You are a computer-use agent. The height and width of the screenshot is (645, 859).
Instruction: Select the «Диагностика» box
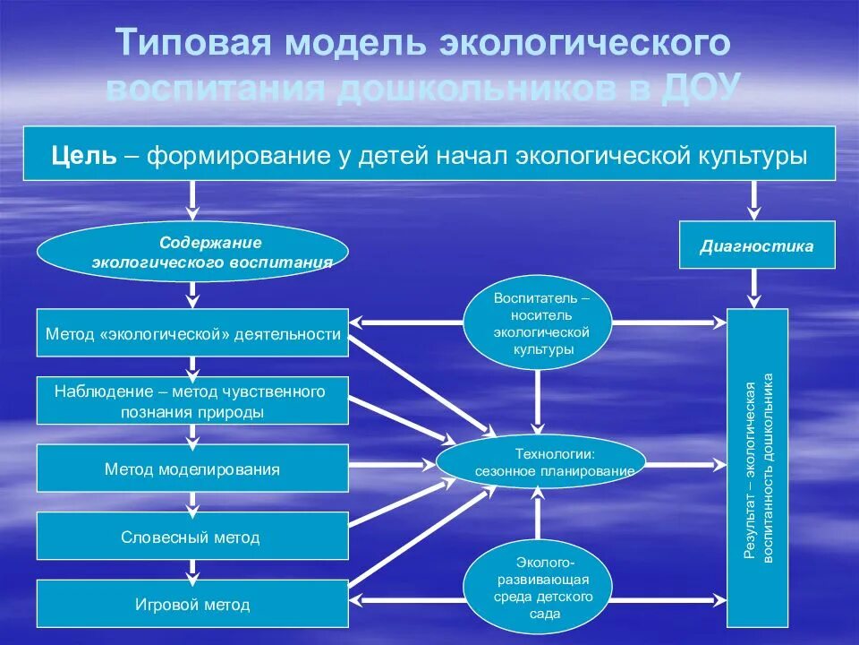[x=757, y=245]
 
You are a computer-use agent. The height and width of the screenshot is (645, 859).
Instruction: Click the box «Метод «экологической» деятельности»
[x=192, y=333]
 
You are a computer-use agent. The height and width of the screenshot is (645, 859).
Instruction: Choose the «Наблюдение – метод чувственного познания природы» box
[x=192, y=400]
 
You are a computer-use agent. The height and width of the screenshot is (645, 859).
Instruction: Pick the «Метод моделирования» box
[x=192, y=469]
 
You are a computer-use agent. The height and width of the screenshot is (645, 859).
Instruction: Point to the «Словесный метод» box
[x=192, y=537]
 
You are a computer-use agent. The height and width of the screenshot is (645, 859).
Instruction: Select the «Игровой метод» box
[x=192, y=605]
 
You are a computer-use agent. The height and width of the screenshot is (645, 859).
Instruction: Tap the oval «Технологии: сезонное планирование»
[x=540, y=462]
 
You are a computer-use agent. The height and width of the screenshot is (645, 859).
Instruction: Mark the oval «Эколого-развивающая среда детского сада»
[x=537, y=587]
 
